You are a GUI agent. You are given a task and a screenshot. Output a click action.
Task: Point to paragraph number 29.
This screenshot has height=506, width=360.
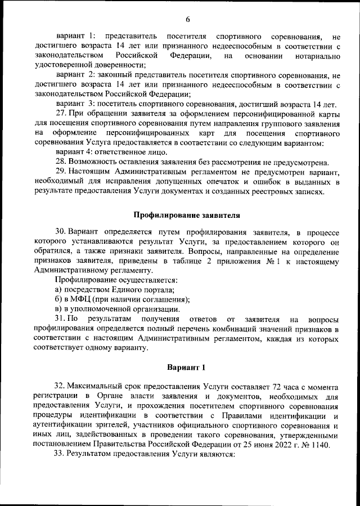pos(61,171)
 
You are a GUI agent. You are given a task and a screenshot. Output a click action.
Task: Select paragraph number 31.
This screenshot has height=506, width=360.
pos(60,320)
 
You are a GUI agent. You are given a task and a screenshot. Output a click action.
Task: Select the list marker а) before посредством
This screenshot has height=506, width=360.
pos(58,289)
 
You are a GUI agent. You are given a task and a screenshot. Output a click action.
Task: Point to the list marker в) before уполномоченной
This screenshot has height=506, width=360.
pos(58,310)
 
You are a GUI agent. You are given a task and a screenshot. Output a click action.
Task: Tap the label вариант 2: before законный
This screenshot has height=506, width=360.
pos(75,75)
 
